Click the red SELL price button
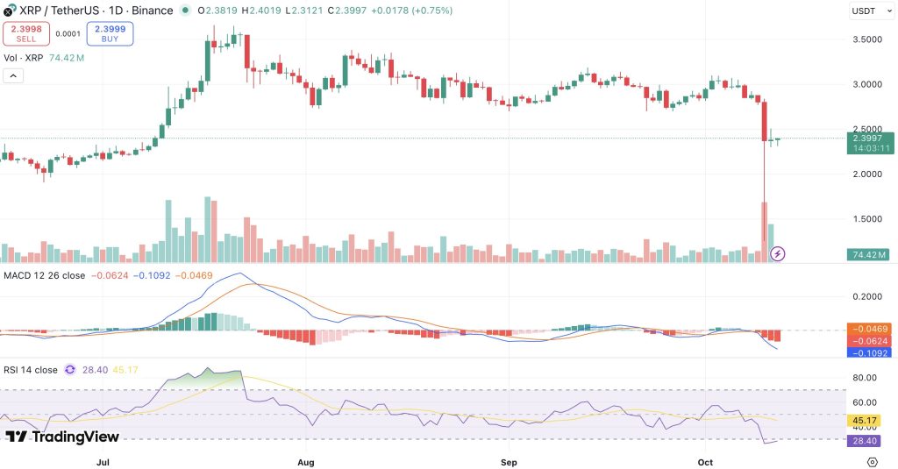(25, 33)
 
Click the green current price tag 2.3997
(871, 138)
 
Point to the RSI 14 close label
(38, 370)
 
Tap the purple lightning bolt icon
(777, 254)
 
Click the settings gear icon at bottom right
(872, 461)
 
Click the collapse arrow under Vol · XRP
(14, 76)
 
